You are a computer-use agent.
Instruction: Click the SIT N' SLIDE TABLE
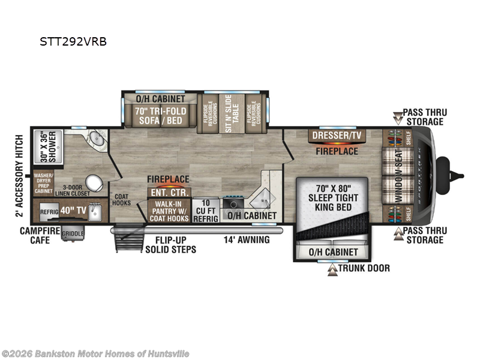coord(227,109)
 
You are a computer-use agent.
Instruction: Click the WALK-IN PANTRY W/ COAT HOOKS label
coord(169,211)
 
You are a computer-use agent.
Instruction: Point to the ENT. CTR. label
coord(169,192)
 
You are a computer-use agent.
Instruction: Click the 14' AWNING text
coord(247,240)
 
